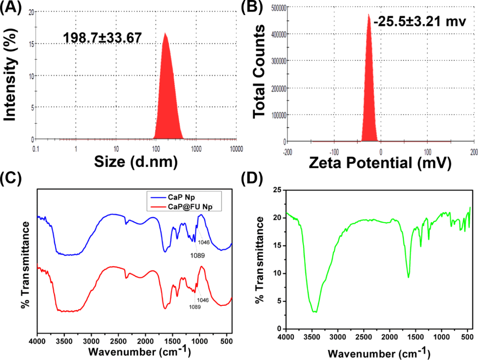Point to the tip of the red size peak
[164, 33]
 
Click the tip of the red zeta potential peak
[368, 14]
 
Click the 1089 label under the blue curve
[197, 255]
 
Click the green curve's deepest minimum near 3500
[316, 312]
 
